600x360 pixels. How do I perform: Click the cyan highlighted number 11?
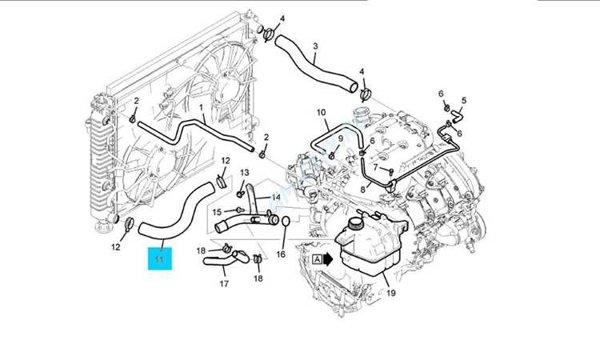click(x=159, y=258)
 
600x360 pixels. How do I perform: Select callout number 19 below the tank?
click(x=390, y=293)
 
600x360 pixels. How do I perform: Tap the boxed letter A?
click(x=318, y=259)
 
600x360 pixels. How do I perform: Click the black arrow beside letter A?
click(x=329, y=259)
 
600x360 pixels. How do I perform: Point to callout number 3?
click(x=315, y=46)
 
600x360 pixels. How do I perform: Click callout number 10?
click(x=321, y=113)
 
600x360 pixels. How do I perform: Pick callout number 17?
click(x=224, y=283)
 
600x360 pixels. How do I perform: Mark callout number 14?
click(x=275, y=197)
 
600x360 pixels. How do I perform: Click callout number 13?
click(x=245, y=173)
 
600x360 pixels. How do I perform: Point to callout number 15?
click(x=216, y=211)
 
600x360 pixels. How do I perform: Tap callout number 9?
click(x=340, y=138)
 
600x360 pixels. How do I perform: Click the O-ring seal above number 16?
click(x=280, y=221)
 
